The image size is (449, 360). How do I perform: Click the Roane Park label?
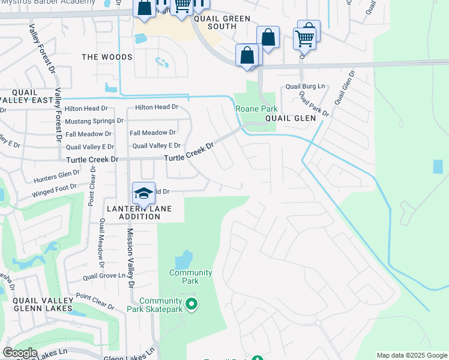pos(256,109)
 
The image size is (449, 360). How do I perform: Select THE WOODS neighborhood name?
pos(107,57)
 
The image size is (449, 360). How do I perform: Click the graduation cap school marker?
pos(143,193)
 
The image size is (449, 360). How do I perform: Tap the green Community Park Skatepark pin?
pos(191,305)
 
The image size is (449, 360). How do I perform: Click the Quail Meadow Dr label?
pos(102,243)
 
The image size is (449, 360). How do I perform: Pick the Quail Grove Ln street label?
pos(108,276)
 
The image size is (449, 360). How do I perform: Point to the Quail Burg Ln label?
pos(304,86)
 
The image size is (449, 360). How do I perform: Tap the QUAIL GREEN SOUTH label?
pos(221,22)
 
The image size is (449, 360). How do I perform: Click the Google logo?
pos(20,352)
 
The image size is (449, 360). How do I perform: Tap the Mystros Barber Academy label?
pos(47,2)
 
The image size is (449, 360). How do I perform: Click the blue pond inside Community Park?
pos(183,260)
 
